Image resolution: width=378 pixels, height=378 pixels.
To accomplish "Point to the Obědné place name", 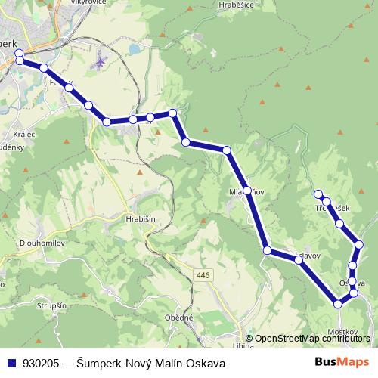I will click(180, 318).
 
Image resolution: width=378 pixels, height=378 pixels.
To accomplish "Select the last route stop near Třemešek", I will click(319, 194).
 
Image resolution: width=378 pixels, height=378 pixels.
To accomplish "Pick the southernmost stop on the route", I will click(338, 304).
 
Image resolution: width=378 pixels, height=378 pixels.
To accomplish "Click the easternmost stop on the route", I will click(359, 244).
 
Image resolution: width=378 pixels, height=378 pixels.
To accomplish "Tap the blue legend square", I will click(11, 362).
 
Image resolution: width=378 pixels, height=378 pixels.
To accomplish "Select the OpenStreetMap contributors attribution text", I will click(312, 339).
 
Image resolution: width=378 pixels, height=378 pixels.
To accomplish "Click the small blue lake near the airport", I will click(133, 48).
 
